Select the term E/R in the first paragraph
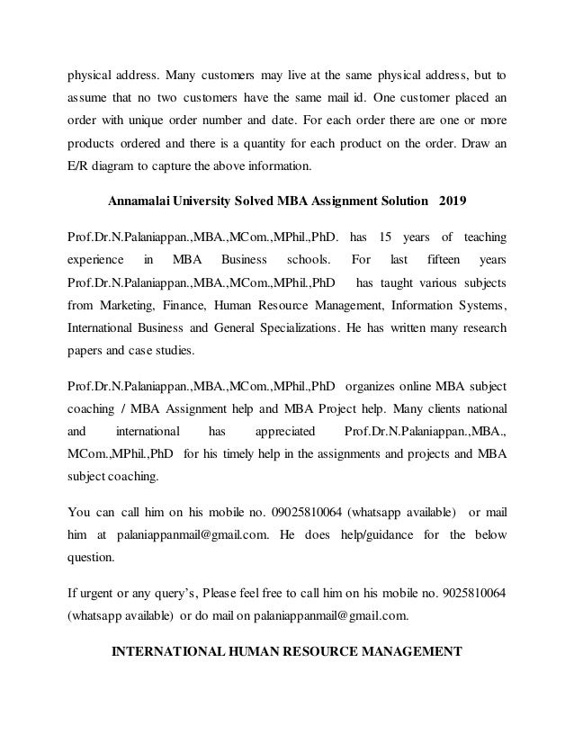click(x=79, y=165)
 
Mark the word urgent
click(x=98, y=594)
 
